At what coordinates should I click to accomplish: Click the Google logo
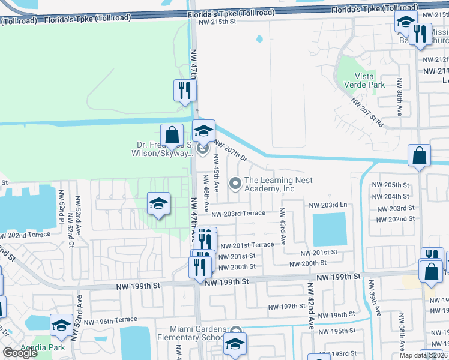pos(20,353)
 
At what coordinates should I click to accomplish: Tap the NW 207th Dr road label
pos(232,151)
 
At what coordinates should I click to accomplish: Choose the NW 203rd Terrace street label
pos(238,214)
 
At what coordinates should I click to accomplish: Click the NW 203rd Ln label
pos(328,205)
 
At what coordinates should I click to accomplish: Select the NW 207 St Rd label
pos(367,112)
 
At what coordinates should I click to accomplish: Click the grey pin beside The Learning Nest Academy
pos(235,182)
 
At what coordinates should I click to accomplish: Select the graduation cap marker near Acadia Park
pos(61,325)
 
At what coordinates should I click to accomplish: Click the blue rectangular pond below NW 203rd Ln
pos(329,229)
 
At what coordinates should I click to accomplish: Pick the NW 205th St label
pos(390,185)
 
